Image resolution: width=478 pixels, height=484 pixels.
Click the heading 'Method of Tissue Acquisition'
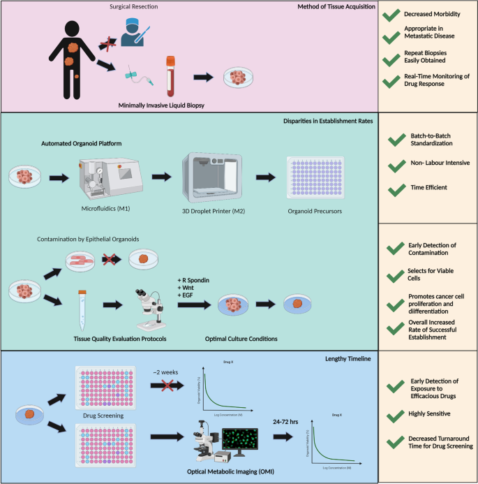pyautogui.click(x=336, y=7)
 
